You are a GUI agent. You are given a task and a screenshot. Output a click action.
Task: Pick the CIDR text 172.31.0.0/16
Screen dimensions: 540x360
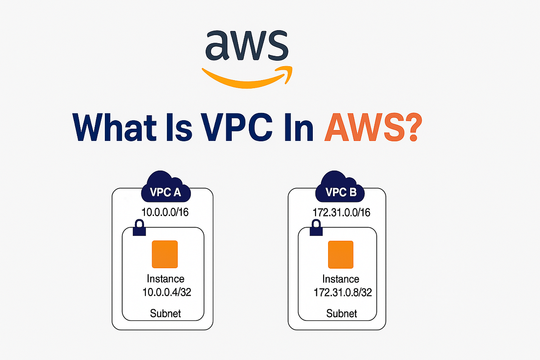point(341,212)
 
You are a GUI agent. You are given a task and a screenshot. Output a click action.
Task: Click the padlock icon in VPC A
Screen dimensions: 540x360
point(139,229)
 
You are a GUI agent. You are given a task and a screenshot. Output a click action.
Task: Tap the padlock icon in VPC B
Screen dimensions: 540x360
point(316,229)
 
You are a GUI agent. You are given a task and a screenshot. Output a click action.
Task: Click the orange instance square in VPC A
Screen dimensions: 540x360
point(165,255)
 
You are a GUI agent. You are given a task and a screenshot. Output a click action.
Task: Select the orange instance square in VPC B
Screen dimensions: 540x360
point(341,255)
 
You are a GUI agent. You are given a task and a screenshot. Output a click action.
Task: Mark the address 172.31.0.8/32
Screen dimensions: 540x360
point(342,292)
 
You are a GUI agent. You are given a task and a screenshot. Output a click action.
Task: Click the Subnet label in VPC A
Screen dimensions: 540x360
point(166,313)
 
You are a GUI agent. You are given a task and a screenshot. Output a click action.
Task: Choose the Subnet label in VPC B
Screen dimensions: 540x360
point(342,313)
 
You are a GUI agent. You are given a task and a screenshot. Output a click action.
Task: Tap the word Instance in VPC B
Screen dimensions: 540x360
point(341,279)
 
